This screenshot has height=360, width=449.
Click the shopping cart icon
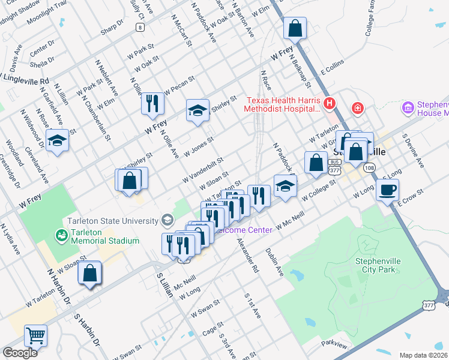point(35,336)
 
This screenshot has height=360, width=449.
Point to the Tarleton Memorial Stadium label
point(105,236)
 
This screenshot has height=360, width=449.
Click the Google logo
point(20,353)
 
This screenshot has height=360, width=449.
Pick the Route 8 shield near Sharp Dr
point(139,27)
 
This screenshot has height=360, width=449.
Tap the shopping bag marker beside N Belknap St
point(295,28)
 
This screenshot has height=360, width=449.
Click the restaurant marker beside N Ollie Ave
point(152,103)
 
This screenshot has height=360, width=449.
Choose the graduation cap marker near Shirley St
point(197,110)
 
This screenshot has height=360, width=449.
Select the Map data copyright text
point(423,355)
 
